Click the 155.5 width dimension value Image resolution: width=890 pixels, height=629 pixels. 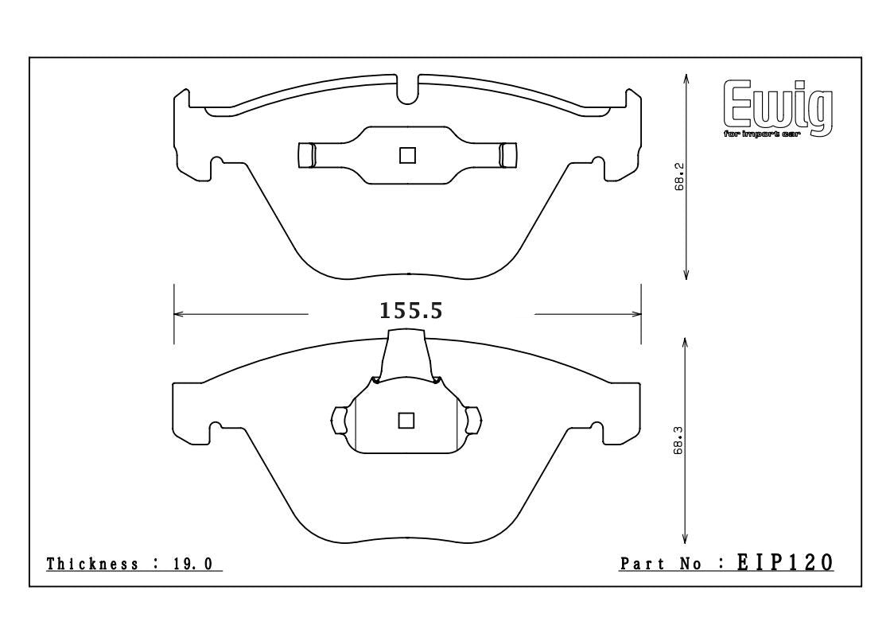click(x=410, y=310)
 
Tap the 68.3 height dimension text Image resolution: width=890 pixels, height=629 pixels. click(x=678, y=439)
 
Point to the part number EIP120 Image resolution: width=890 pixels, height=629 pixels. click(x=783, y=563)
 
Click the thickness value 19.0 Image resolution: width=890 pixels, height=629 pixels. click(x=192, y=564)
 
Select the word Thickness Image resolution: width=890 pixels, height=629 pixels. click(x=93, y=564)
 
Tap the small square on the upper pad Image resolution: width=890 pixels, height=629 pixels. click(x=408, y=155)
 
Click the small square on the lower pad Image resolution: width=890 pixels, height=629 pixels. click(x=406, y=420)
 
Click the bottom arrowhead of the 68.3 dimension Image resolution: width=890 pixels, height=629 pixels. click(x=686, y=538)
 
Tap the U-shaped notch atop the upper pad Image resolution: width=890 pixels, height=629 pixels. click(x=407, y=90)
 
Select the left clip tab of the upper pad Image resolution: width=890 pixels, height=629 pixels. click(x=306, y=155)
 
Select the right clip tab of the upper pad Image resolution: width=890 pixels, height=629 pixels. click(x=507, y=154)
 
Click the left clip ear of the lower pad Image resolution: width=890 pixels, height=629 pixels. click(x=339, y=420)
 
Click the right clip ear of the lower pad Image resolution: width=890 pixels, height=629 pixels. click(x=473, y=420)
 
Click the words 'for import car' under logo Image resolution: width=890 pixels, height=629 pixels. click(x=761, y=134)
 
